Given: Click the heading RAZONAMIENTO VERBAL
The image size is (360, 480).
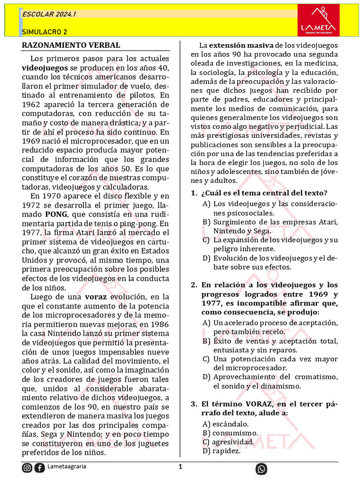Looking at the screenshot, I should [71, 45].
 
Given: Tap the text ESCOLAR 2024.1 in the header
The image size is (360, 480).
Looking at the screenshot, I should [49, 15].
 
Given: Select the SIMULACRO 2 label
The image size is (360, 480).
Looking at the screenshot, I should [45, 32].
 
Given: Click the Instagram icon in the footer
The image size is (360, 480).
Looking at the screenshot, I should [28, 468].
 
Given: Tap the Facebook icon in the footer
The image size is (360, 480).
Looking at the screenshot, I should [40, 468].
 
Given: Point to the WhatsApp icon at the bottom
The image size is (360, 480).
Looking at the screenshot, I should [261, 469].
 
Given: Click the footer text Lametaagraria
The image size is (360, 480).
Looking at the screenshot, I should [67, 467].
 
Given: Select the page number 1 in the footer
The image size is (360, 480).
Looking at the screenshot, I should [180, 467].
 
